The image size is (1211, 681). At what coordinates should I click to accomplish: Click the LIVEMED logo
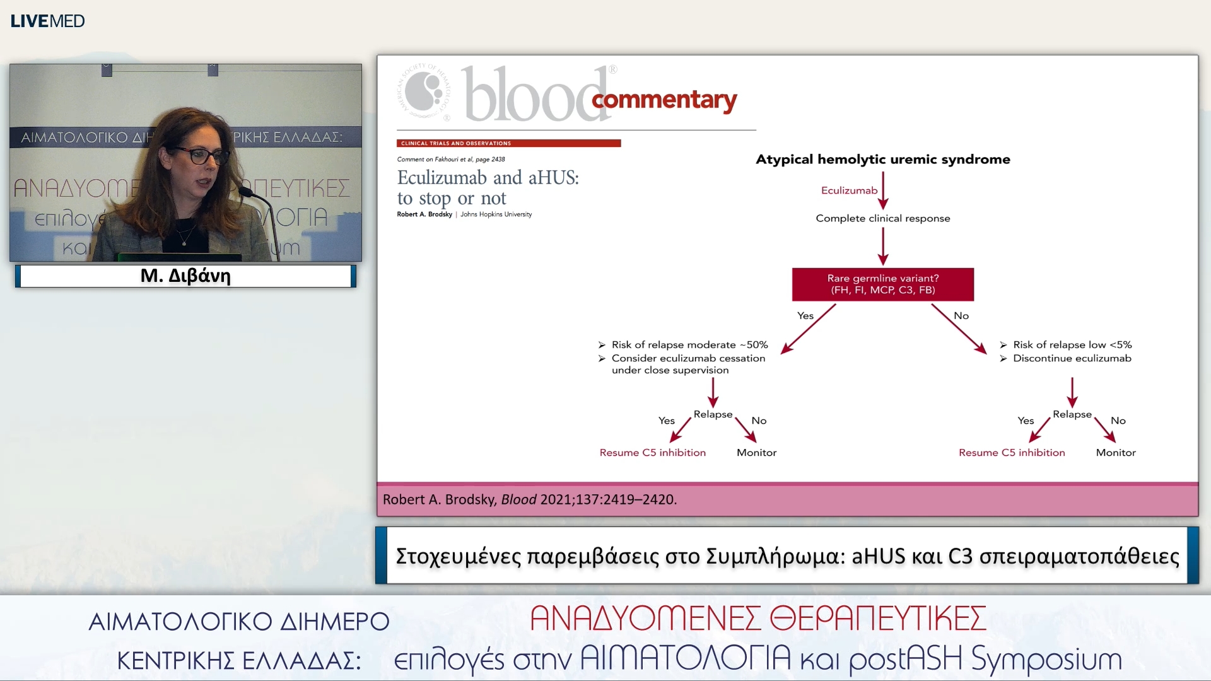pyautogui.click(x=47, y=21)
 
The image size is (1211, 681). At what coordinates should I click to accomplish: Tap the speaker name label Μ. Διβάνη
pyautogui.click(x=185, y=276)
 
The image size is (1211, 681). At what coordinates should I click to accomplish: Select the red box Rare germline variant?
pyautogui.click(x=882, y=284)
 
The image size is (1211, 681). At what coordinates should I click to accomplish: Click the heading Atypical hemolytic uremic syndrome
pyautogui.click(x=882, y=160)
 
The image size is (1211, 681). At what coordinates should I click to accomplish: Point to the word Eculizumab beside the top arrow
pyautogui.click(x=849, y=190)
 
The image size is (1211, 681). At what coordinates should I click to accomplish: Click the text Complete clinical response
pyautogui.click(x=882, y=218)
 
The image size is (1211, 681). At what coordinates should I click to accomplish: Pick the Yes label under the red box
pyautogui.click(x=805, y=315)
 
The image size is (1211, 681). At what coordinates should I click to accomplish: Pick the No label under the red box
pyautogui.click(x=961, y=315)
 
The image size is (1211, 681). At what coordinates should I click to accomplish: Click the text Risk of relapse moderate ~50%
pyautogui.click(x=689, y=345)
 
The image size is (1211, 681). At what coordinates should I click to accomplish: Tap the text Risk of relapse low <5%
pyautogui.click(x=1072, y=345)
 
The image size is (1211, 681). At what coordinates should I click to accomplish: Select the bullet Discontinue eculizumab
pyautogui.click(x=1072, y=358)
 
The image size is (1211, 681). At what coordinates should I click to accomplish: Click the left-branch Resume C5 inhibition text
pyautogui.click(x=652, y=453)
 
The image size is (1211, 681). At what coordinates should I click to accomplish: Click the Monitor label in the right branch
pyautogui.click(x=1115, y=453)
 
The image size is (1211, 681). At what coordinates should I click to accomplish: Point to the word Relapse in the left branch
pyautogui.click(x=713, y=414)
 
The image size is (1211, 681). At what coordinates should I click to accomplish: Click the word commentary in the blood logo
pyautogui.click(x=664, y=100)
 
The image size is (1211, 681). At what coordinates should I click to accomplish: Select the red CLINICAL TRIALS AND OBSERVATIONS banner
pyautogui.click(x=508, y=143)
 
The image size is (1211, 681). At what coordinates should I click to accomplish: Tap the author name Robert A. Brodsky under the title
pyautogui.click(x=424, y=214)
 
